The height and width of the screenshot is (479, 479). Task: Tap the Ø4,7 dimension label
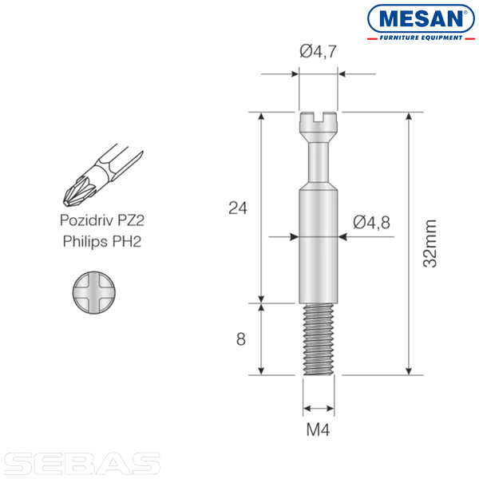pos(318,51)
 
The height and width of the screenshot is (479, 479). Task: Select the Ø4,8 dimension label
pos(371,222)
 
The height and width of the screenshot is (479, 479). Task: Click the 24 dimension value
pos(238,208)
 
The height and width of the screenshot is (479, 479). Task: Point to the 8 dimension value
pos(241,339)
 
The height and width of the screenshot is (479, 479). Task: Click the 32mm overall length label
pos(430,243)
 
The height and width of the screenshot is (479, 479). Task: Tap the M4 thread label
pos(318,430)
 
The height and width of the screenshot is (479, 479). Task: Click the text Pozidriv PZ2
pos(101,220)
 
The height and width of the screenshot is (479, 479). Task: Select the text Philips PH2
pos(102,241)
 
